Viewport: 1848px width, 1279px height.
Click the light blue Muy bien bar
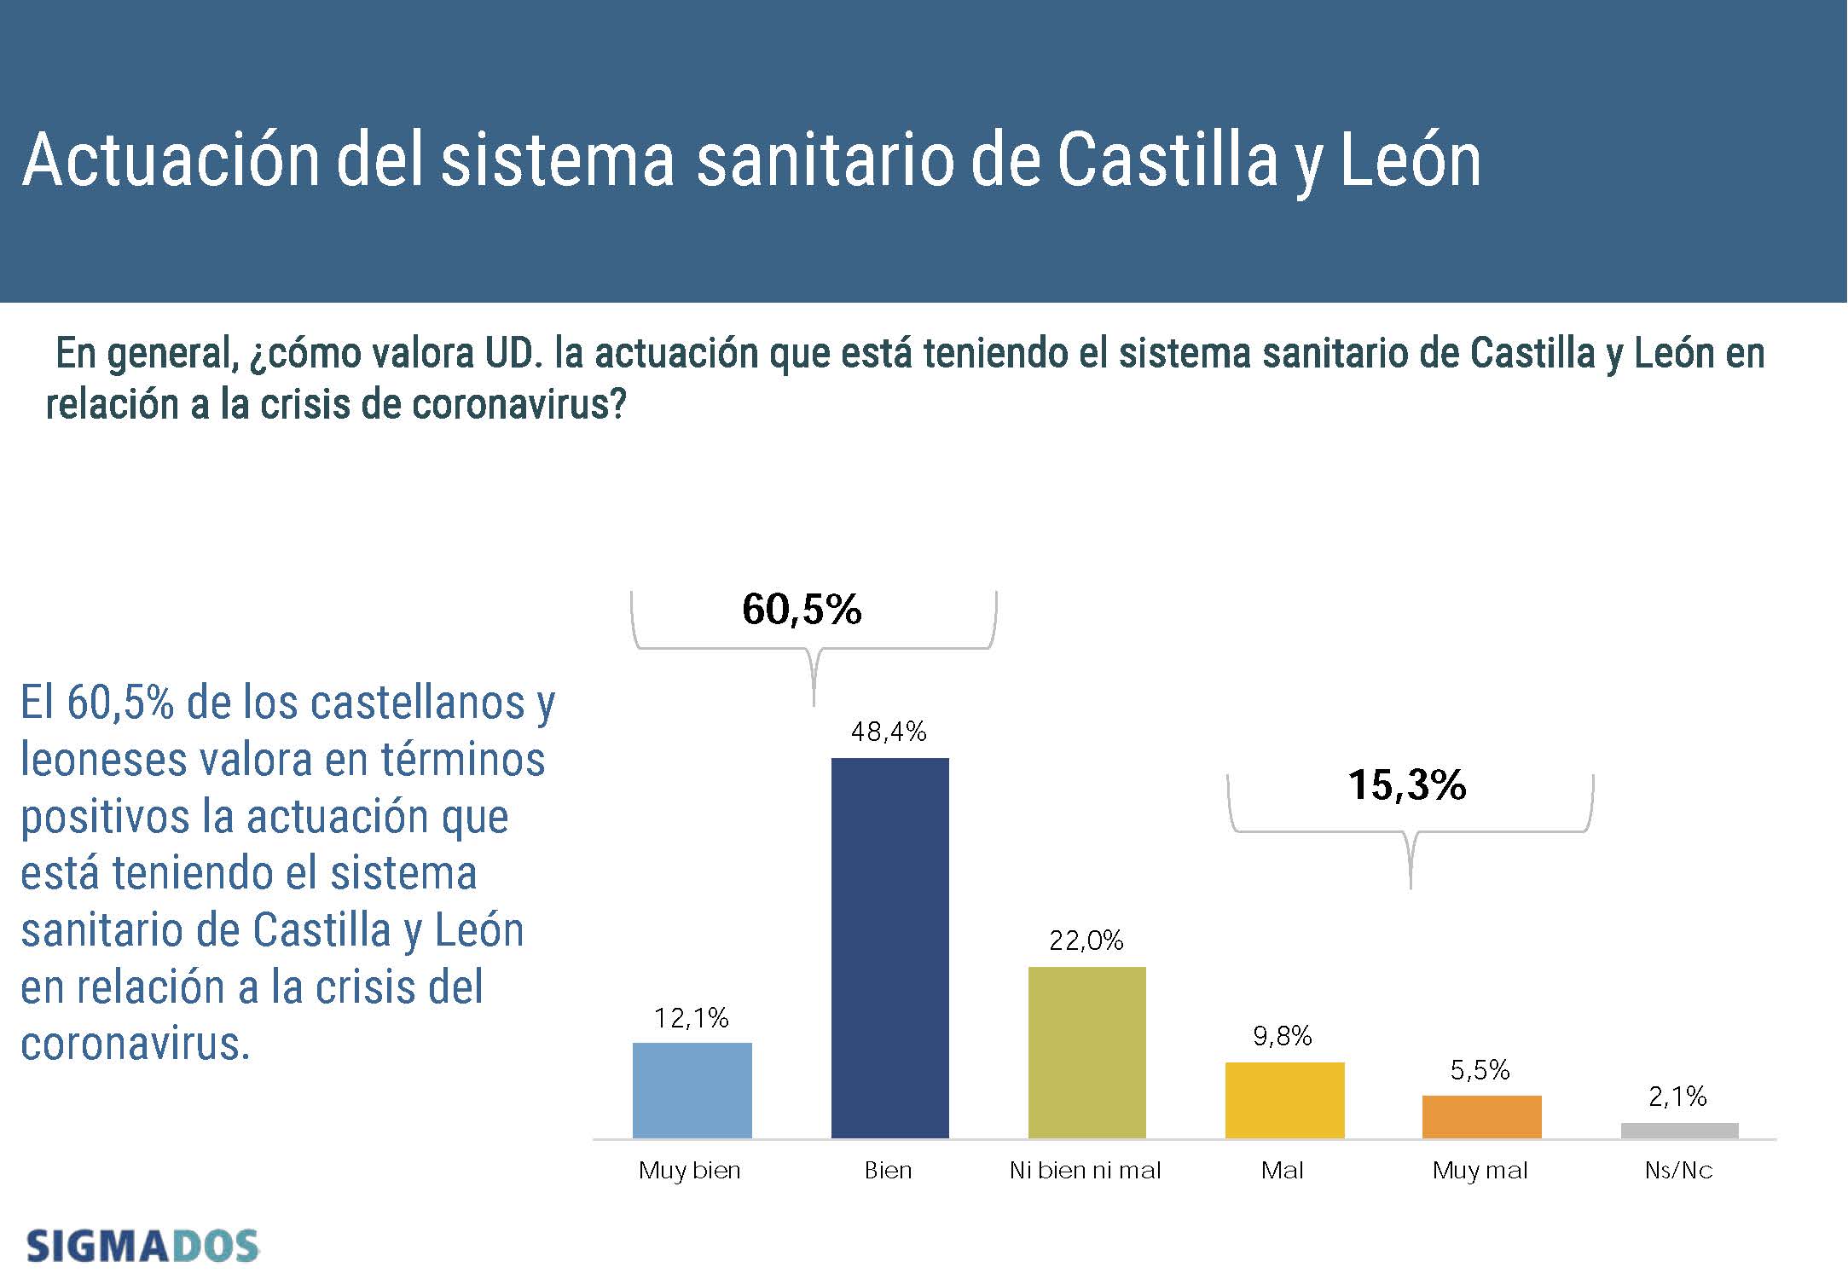tap(692, 1090)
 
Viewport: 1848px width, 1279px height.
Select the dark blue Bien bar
tap(889, 947)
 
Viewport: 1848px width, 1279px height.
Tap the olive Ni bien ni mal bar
tap(1086, 1052)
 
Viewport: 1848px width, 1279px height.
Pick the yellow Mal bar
tap(1284, 1100)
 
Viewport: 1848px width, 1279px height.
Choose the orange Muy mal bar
tap(1481, 1116)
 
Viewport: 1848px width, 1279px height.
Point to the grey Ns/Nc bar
tap(1679, 1131)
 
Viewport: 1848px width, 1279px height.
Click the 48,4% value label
tap(889, 732)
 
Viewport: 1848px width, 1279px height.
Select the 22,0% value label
tap(1086, 940)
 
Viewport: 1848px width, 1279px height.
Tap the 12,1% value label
tap(691, 1017)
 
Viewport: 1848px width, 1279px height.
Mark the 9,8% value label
tap(1282, 1036)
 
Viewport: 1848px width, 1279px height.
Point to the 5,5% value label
tap(1480, 1070)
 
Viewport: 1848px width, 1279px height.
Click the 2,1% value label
tap(1677, 1097)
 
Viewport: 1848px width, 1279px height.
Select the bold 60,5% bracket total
tap(802, 610)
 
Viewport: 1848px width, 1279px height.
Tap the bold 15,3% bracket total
tap(1407, 785)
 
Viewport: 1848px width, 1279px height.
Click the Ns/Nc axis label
tap(1678, 1171)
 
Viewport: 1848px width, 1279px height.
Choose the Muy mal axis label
tap(1480, 1171)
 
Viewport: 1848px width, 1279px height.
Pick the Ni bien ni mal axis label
tap(1085, 1171)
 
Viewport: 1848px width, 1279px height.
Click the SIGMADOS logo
tap(142, 1247)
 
